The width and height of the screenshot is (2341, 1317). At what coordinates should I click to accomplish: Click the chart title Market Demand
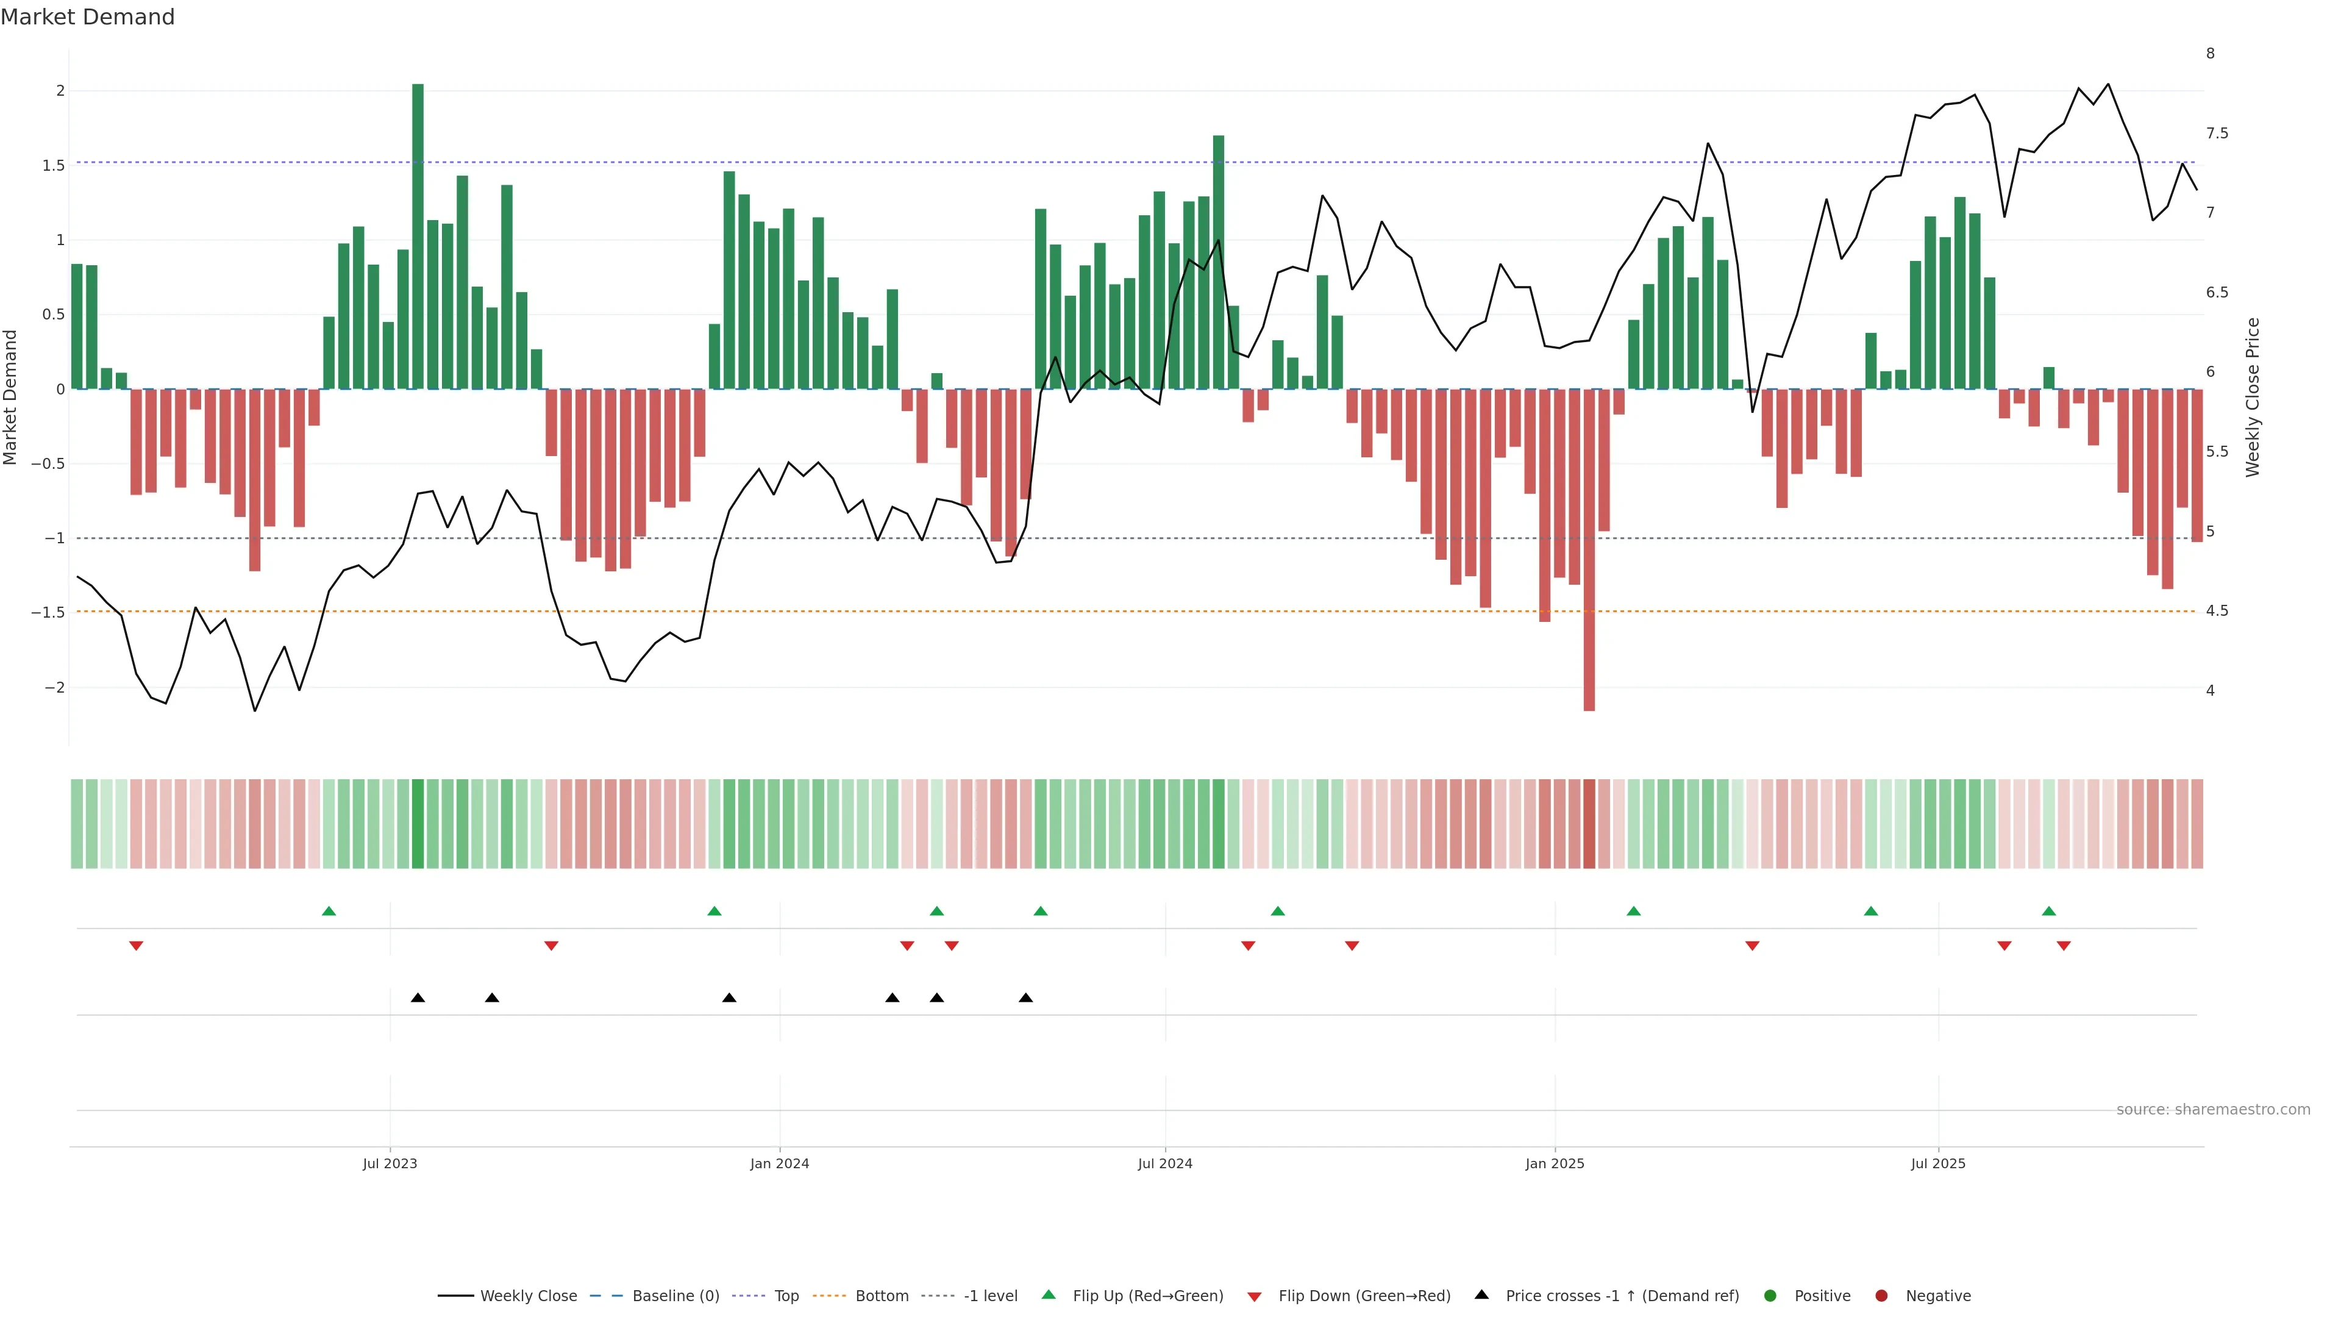(87, 17)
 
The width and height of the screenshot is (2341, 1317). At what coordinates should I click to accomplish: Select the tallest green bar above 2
(418, 237)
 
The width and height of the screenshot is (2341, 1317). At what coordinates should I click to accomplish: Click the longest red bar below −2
(1589, 550)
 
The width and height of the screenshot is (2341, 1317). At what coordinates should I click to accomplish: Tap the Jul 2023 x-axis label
(390, 1163)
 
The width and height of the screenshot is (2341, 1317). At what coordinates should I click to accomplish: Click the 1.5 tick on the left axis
(54, 165)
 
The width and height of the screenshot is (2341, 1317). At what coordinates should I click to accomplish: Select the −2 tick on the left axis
(54, 687)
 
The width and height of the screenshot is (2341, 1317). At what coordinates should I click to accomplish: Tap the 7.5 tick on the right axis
(2217, 134)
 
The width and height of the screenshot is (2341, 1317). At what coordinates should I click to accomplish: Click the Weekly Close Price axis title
(2252, 397)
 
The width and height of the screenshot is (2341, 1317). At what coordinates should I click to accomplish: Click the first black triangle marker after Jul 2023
(418, 998)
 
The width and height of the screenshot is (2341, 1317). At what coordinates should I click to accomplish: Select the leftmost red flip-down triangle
(137, 946)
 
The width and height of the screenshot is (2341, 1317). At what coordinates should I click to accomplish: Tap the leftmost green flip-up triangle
(329, 911)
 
